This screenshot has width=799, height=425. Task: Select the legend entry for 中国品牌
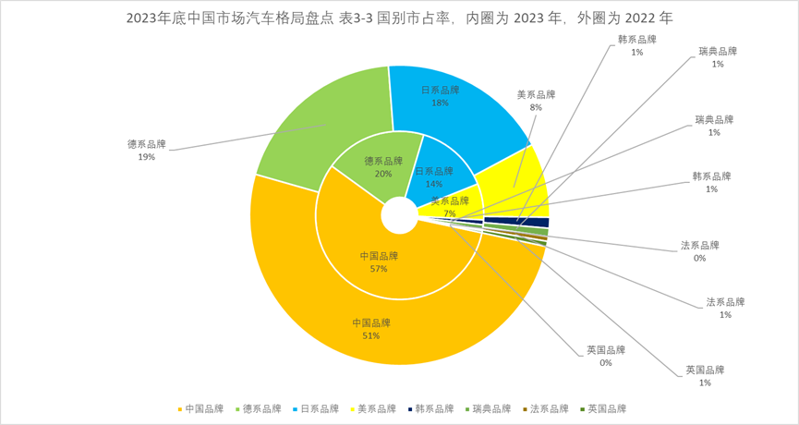[x=200, y=408]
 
